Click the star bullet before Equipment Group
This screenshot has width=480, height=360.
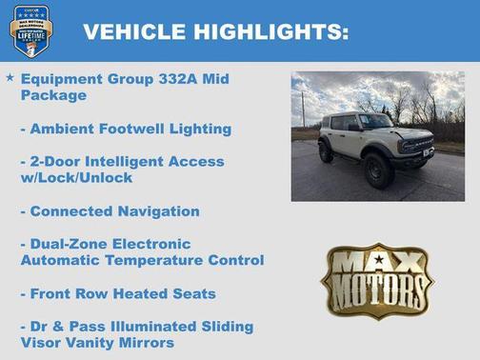pos(10,77)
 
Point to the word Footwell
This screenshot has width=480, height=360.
pos(135,128)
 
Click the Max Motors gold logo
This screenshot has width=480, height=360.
pos(377,279)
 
